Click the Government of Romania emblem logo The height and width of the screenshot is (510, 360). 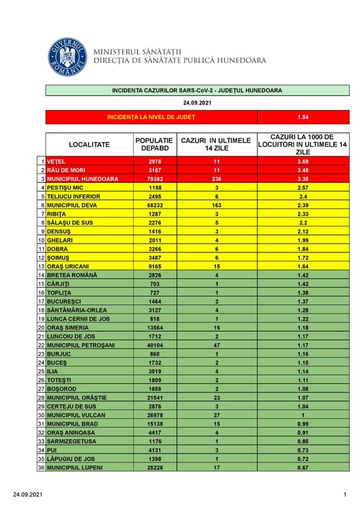67,57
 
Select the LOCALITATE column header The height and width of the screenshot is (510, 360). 89,144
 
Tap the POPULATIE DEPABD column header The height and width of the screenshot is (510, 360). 155,144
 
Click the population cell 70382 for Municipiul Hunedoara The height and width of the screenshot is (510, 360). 155,179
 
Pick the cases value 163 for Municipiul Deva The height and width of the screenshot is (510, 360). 216,205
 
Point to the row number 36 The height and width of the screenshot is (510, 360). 41,467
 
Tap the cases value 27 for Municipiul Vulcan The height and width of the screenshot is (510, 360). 216,415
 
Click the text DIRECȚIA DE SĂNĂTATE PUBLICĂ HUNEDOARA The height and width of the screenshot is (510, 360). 180,61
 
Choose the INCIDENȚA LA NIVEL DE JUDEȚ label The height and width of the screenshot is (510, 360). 151,117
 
